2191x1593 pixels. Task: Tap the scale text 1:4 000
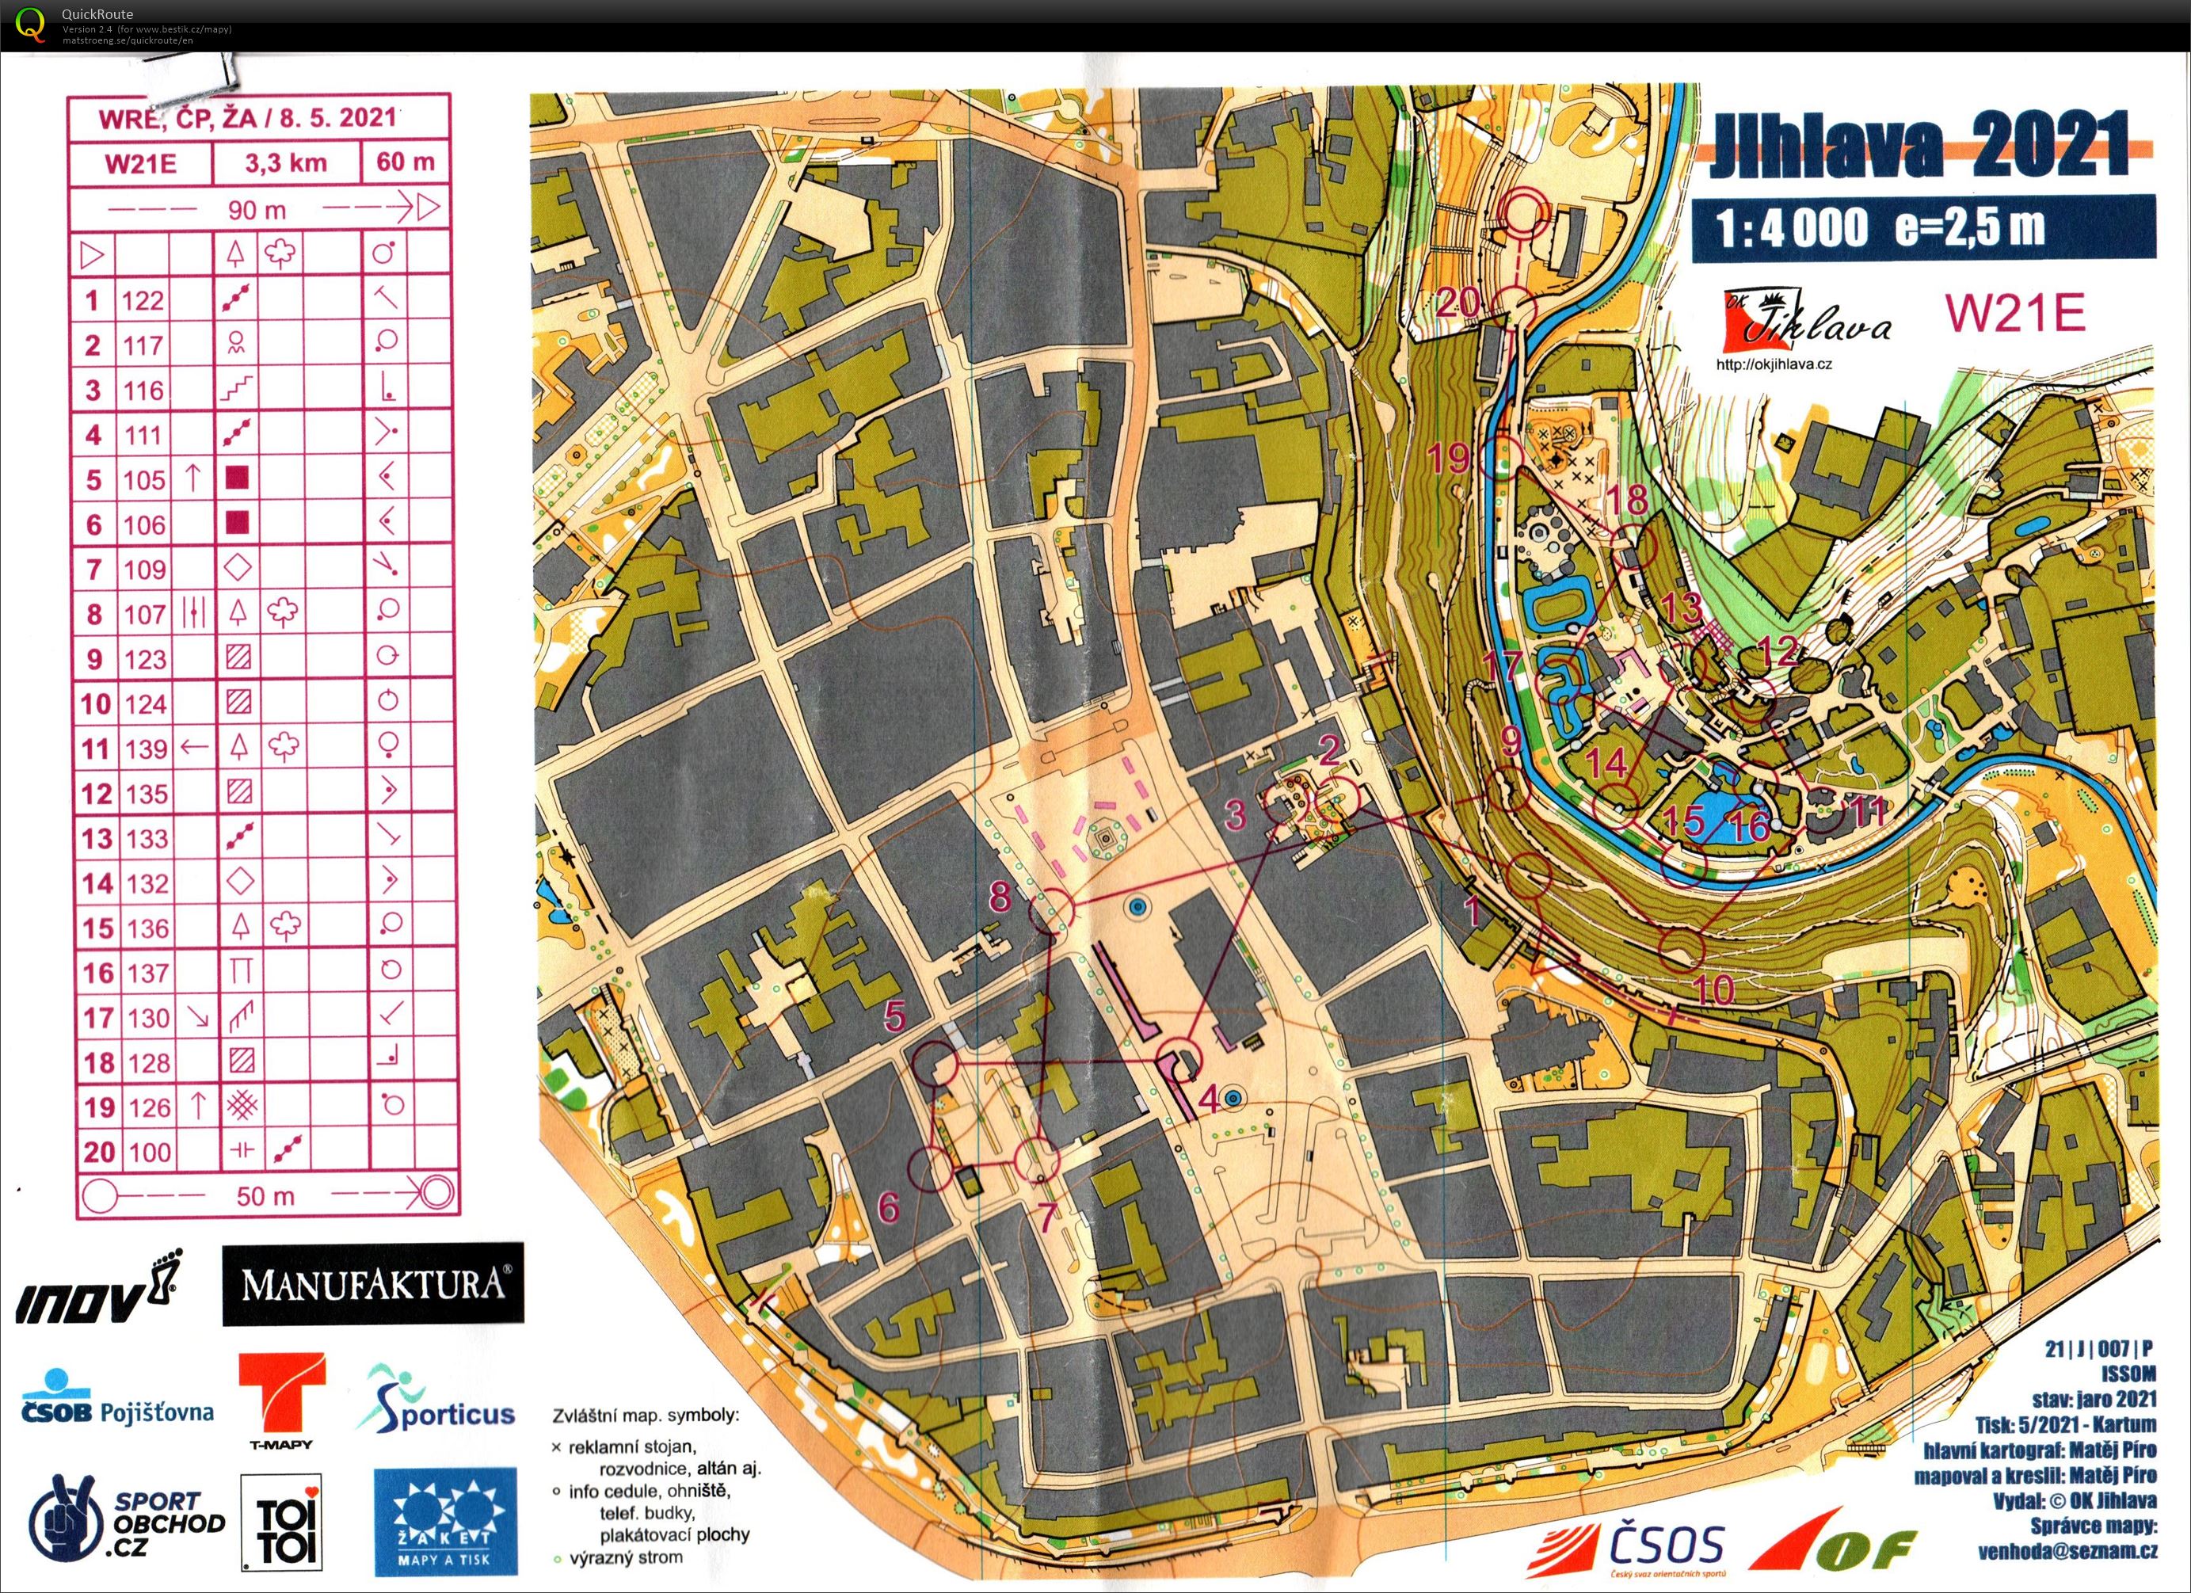[1792, 229]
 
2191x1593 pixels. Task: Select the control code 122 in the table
[142, 300]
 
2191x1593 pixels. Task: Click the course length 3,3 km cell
[285, 162]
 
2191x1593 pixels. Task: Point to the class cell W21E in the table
[140, 162]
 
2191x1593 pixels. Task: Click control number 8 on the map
[1000, 896]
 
